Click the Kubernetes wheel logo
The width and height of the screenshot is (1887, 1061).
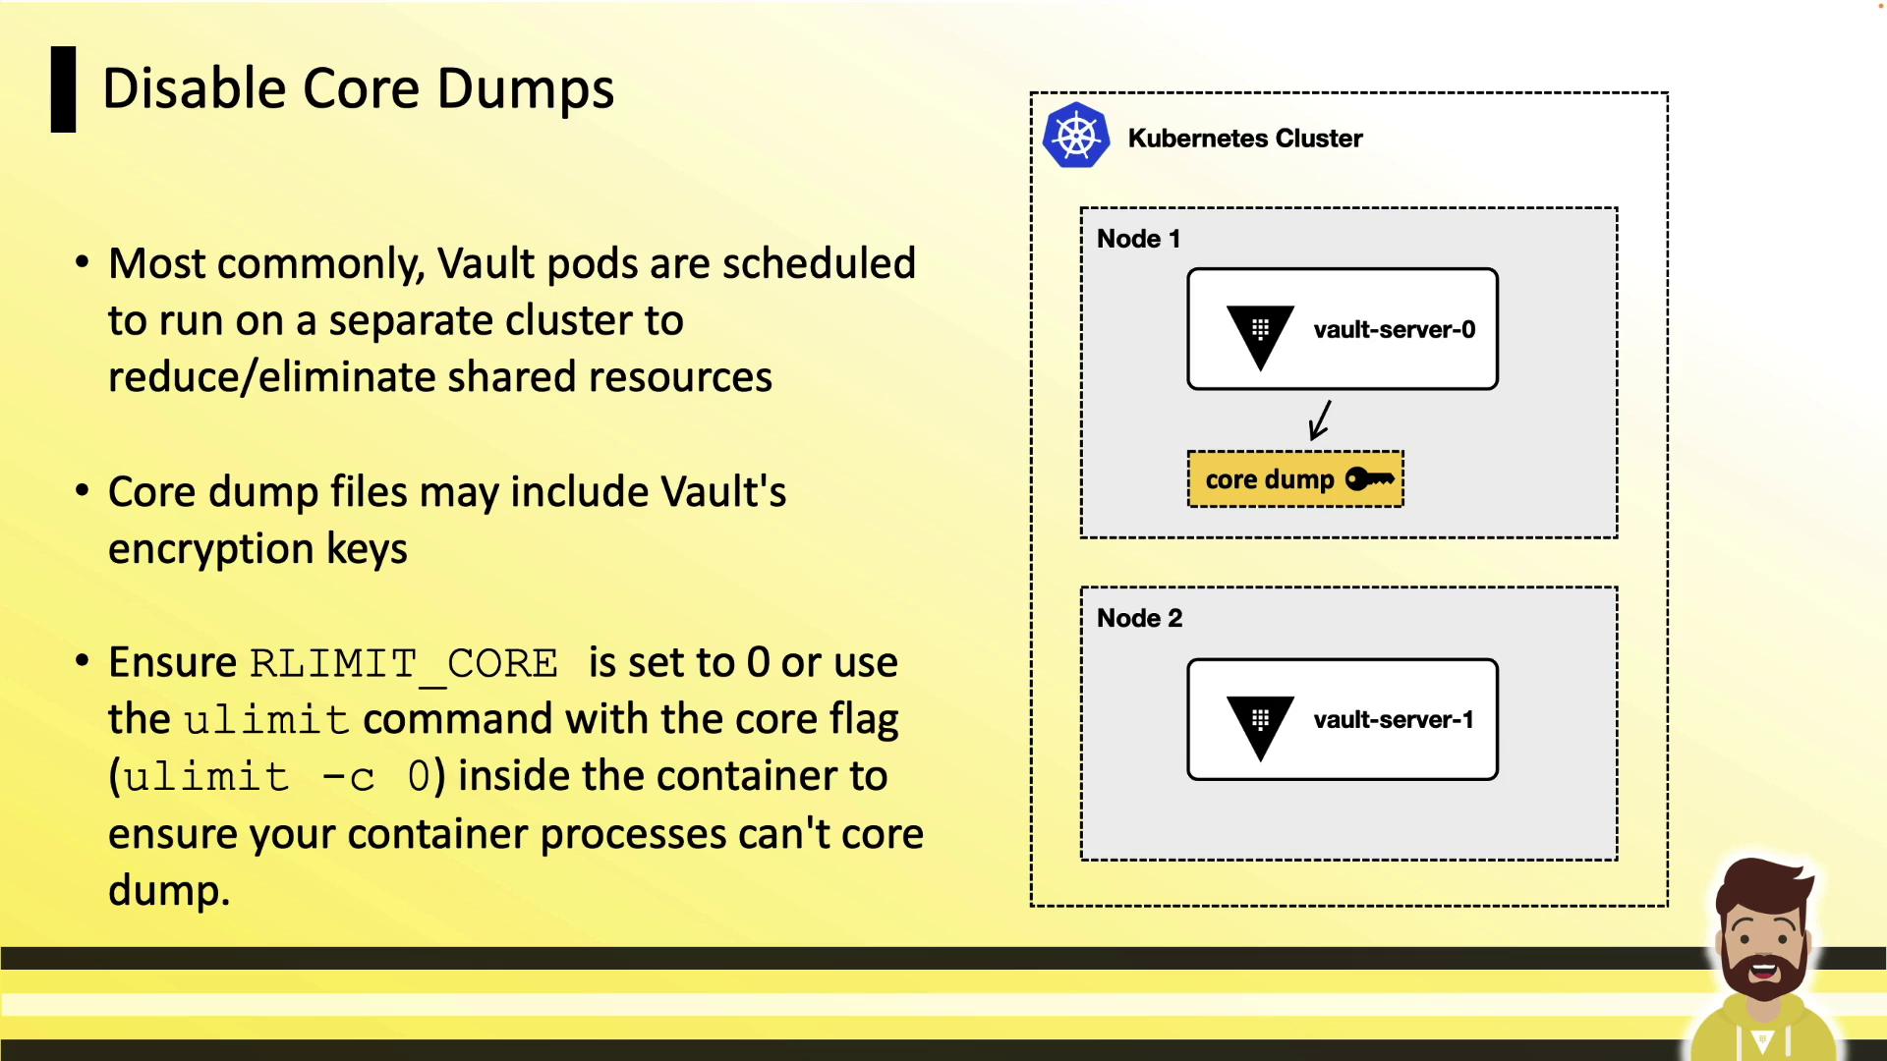pyautogui.click(x=1076, y=136)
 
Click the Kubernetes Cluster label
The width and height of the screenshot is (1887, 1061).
pyautogui.click(x=1245, y=139)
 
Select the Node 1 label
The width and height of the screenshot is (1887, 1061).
pyautogui.click(x=1138, y=239)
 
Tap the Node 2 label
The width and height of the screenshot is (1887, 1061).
pyautogui.click(x=1139, y=618)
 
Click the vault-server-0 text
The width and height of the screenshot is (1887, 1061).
pyautogui.click(x=1395, y=330)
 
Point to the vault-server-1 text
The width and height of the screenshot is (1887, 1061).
pyautogui.click(x=1394, y=720)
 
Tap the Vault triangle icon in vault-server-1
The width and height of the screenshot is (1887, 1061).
pyautogui.click(x=1260, y=728)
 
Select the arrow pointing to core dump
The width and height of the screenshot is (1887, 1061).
pyautogui.click(x=1320, y=419)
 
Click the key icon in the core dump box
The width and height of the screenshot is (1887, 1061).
pyautogui.click(x=1369, y=479)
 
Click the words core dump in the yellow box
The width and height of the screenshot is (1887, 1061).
pyautogui.click(x=1270, y=479)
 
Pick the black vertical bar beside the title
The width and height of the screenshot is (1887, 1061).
pyautogui.click(x=63, y=89)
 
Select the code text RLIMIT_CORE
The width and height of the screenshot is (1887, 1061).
pyautogui.click(x=404, y=664)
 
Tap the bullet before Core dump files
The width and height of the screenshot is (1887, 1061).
pyautogui.click(x=83, y=489)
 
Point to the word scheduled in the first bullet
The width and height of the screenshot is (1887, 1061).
pyautogui.click(x=819, y=263)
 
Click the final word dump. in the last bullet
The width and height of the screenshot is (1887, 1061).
pyautogui.click(x=169, y=890)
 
